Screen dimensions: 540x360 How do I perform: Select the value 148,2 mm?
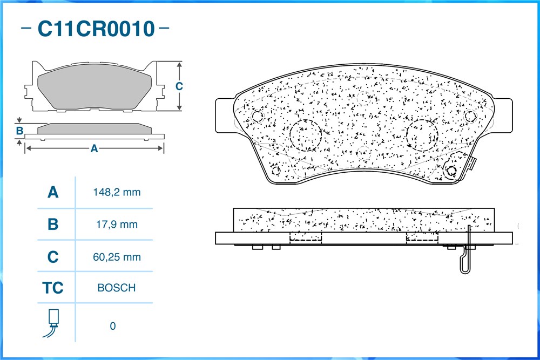click(117, 192)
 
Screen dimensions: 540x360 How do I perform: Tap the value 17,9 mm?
click(117, 225)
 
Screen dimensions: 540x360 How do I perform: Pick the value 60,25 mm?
click(117, 257)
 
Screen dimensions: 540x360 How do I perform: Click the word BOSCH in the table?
click(117, 288)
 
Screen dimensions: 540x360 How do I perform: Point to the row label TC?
click(53, 288)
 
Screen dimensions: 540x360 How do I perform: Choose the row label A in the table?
click(53, 192)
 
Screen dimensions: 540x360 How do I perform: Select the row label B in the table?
click(53, 225)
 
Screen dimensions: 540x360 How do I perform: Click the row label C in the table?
click(53, 257)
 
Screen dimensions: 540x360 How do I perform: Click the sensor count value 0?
click(113, 326)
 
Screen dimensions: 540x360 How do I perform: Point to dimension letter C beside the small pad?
click(179, 86)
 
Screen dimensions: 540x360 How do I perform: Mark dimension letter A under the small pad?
click(94, 148)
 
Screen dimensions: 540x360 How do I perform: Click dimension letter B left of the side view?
click(19, 131)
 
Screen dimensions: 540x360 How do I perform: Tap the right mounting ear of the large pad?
click(503, 116)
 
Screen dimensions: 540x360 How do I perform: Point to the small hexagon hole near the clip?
click(451, 171)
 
